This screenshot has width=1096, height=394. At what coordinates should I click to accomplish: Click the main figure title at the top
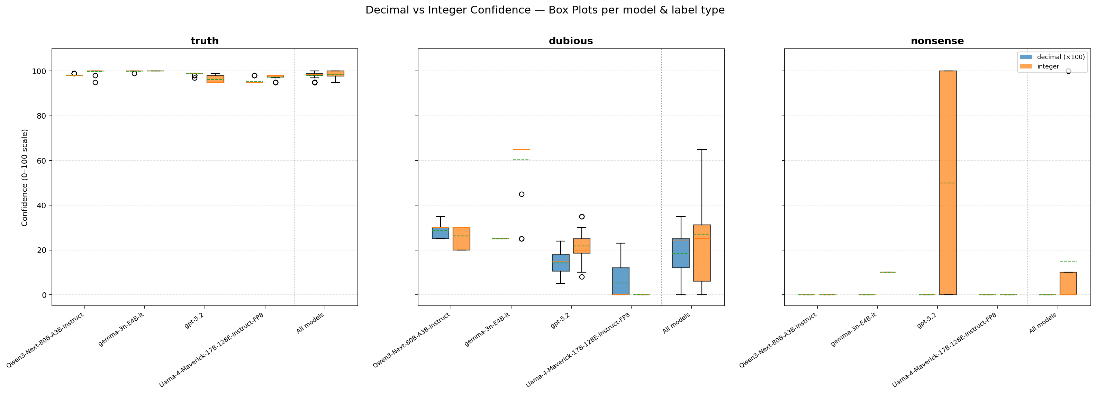(545, 10)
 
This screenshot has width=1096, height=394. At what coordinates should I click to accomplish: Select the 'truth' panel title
(204, 41)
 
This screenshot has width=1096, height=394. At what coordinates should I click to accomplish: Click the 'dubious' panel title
(571, 41)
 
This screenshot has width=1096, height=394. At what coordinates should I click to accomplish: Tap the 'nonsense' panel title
(937, 41)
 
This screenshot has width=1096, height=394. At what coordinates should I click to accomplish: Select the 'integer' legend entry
(1048, 66)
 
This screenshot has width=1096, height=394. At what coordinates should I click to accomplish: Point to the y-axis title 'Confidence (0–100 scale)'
(25, 177)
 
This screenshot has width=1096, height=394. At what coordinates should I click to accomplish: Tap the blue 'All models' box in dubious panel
(681, 253)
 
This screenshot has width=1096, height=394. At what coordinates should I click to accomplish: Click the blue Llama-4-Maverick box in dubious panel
(621, 281)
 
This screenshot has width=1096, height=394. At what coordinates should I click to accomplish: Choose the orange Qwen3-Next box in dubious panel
(461, 239)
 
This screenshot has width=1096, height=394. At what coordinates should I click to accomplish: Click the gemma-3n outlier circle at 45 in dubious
(522, 194)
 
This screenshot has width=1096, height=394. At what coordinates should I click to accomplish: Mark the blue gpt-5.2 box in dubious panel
(560, 263)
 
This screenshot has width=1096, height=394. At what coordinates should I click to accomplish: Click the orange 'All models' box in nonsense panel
(1068, 283)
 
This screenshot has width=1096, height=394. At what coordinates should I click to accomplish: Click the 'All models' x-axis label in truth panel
(310, 323)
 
